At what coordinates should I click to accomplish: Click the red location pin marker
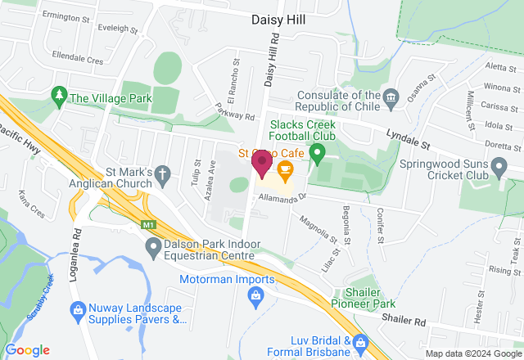click(x=262, y=162)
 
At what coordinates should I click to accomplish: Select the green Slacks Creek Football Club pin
click(x=321, y=151)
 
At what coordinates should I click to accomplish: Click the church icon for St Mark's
click(x=162, y=173)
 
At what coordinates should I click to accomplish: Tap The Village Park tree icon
click(x=59, y=98)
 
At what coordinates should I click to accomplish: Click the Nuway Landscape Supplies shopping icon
click(x=78, y=309)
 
